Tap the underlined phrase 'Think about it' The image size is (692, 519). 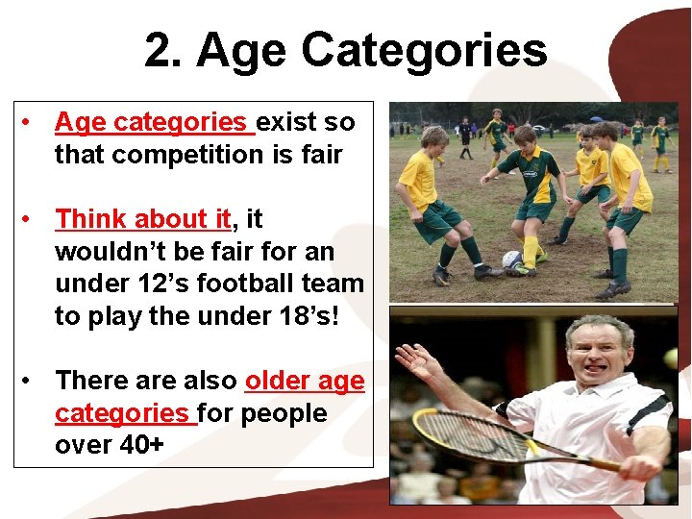[142, 219]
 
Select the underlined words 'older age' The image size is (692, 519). [305, 381]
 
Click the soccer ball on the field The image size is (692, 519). [511, 259]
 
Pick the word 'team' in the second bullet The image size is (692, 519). [335, 284]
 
